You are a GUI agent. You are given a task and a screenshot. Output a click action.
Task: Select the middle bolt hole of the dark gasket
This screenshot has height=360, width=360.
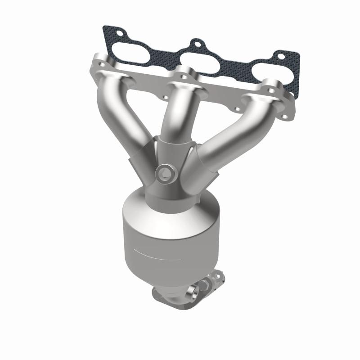tap(196, 44)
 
